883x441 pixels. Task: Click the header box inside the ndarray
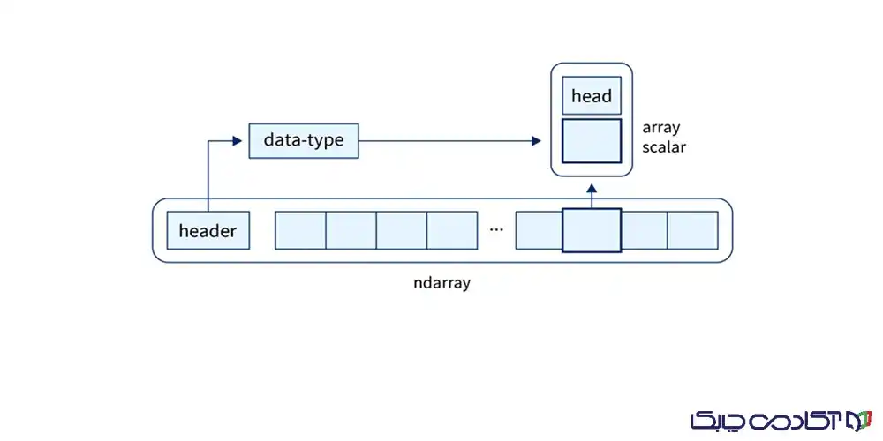point(208,231)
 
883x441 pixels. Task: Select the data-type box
point(304,140)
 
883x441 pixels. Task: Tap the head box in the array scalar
point(592,95)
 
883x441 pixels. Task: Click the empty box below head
point(592,141)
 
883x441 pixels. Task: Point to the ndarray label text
point(441,284)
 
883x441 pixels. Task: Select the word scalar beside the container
point(664,147)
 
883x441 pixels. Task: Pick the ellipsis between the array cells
point(496,229)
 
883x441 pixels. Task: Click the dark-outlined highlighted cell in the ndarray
point(592,230)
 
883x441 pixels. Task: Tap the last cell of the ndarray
point(692,230)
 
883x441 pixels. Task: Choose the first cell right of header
point(301,230)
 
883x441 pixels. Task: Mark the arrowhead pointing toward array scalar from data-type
point(536,140)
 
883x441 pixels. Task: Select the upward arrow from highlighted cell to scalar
point(592,194)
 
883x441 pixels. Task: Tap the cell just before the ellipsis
point(452,230)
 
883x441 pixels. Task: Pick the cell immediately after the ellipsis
point(539,230)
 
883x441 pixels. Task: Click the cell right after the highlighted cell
point(644,230)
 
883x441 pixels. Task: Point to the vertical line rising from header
point(208,176)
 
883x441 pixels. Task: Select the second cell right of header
point(351,230)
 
